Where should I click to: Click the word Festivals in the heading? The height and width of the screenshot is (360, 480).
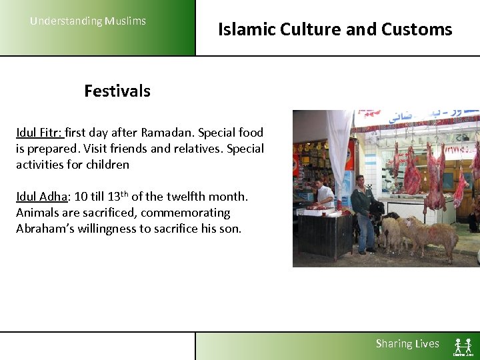117,91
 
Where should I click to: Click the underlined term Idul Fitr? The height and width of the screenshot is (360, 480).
39,133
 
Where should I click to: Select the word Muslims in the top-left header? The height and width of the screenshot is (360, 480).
125,21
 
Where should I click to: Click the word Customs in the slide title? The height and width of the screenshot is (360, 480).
417,29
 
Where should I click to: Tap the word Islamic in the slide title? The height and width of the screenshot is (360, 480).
247,29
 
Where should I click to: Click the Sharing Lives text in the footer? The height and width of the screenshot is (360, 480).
407,344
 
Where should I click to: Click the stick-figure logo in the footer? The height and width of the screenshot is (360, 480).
463,346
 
